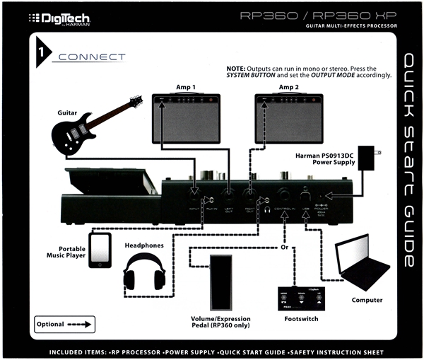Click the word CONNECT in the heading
coord(93,57)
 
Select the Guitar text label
coord(68,112)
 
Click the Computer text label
coord(367,300)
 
